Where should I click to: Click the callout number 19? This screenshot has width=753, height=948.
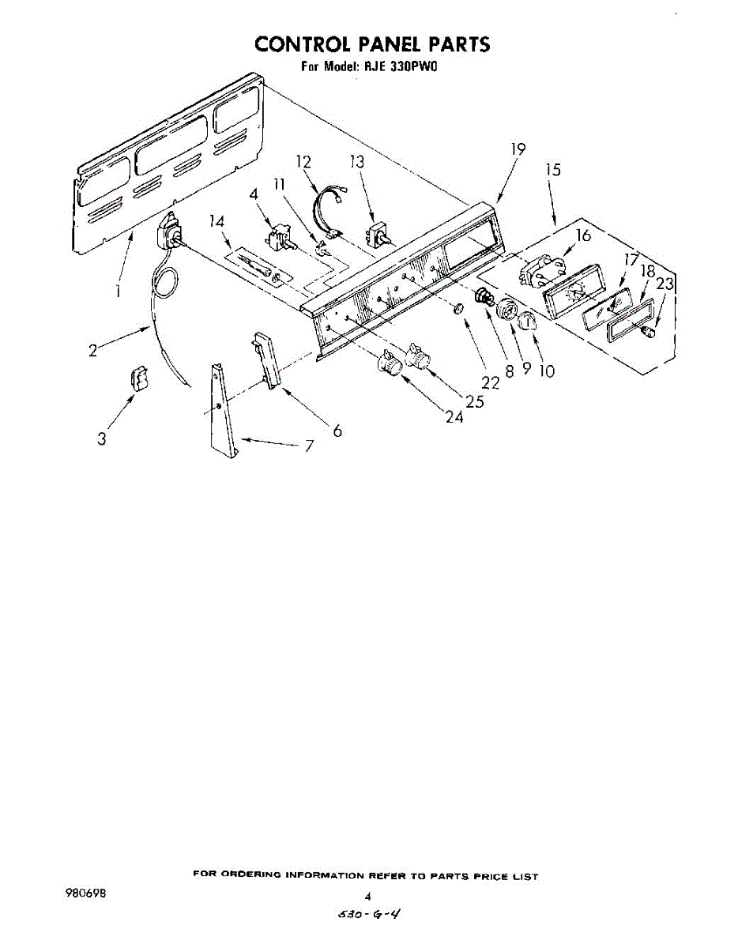click(518, 149)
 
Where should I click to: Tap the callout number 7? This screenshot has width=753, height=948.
click(309, 447)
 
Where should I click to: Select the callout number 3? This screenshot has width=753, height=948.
click(102, 439)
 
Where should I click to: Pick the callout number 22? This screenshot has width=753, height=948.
click(491, 382)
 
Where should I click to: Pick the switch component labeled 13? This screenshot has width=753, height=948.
click(379, 235)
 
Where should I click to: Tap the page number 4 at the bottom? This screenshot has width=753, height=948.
click(367, 897)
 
